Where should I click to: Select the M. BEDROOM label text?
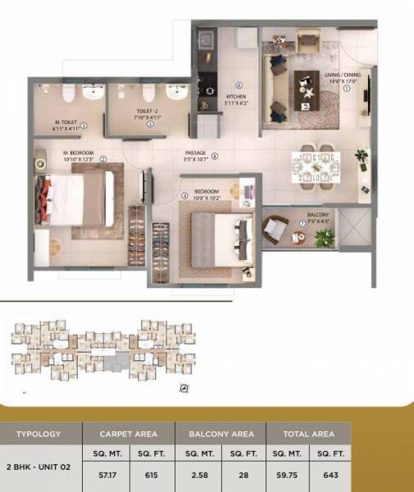click(x=80, y=152)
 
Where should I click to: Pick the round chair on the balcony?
click(x=273, y=228)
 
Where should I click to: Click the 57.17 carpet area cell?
click(x=104, y=474)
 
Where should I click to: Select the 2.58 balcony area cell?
click(x=198, y=474)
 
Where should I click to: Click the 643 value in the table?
click(x=330, y=474)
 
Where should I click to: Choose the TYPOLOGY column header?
click(x=39, y=435)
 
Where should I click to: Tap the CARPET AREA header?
click(x=128, y=435)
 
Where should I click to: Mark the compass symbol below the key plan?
click(x=184, y=388)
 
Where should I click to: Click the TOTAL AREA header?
click(x=308, y=435)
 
